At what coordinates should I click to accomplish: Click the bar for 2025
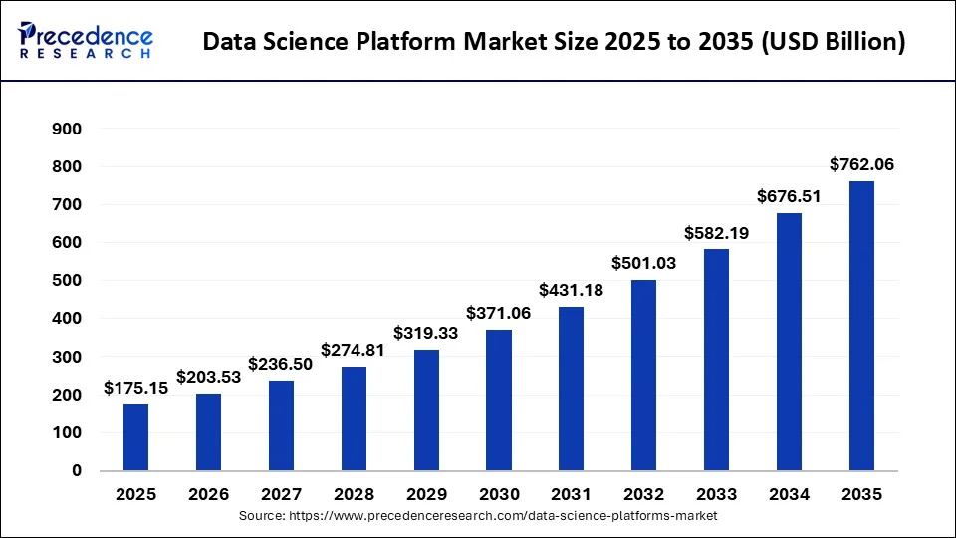[x=136, y=437]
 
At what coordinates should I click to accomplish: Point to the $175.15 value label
[x=136, y=389]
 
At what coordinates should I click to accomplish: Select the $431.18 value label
[x=572, y=290]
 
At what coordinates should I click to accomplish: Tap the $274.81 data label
[x=354, y=351]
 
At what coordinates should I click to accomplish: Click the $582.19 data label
[x=716, y=233]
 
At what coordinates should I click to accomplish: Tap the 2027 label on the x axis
[x=281, y=494]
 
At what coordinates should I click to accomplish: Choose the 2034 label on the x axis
[x=789, y=494]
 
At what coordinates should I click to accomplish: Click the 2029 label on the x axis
[x=426, y=494]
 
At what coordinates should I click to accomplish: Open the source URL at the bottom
[x=478, y=516]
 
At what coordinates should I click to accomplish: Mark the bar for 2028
[x=354, y=418]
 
